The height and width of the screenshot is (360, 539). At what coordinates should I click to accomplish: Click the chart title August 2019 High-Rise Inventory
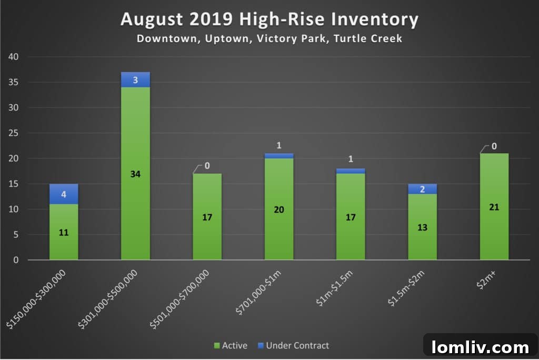pyautogui.click(x=269, y=20)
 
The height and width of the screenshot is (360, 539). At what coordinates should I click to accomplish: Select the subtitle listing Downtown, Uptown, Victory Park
pyautogui.click(x=269, y=39)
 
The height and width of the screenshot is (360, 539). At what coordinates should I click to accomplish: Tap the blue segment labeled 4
pyautogui.click(x=64, y=194)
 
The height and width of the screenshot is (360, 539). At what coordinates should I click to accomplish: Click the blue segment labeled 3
pyautogui.click(x=135, y=79)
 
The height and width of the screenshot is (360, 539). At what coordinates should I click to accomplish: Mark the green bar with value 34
pyautogui.click(x=135, y=174)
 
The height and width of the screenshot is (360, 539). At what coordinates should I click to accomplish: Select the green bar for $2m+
pyautogui.click(x=494, y=207)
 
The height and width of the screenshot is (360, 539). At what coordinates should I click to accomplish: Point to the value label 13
pyautogui.click(x=422, y=228)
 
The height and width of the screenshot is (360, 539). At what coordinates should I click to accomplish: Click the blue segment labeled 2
pyautogui.click(x=422, y=189)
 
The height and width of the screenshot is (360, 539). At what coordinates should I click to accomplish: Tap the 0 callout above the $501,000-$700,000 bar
pyautogui.click(x=207, y=166)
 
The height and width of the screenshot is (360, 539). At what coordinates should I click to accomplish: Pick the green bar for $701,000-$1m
pyautogui.click(x=279, y=209)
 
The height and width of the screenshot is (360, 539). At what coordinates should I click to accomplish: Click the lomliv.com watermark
pyautogui.click(x=480, y=347)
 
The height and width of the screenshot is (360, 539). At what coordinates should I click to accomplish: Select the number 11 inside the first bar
pyautogui.click(x=64, y=233)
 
